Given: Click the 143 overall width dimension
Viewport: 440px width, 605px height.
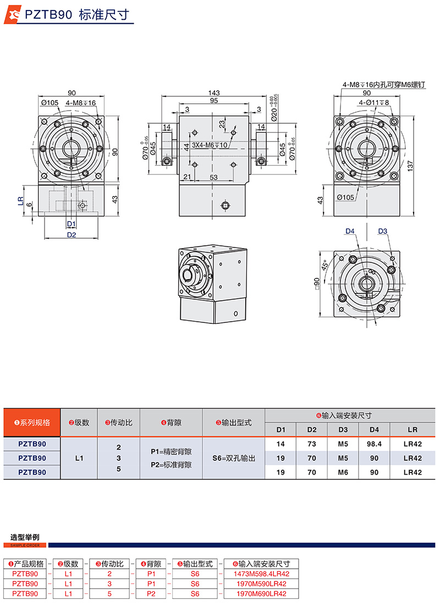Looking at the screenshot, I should pos(214,92).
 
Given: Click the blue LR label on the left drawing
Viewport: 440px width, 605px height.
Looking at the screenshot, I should pos(21,201).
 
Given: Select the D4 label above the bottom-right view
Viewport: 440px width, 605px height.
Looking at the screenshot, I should pos(350,231).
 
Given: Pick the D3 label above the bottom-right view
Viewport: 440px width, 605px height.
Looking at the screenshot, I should pos(383,231).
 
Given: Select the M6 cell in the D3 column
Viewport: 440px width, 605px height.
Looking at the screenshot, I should pos(343,472).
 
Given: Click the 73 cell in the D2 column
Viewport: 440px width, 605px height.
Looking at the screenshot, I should pos(312,443).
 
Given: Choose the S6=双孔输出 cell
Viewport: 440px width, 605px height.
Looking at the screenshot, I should pos(233,458).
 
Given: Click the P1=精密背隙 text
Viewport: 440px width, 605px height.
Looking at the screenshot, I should pos(171,451).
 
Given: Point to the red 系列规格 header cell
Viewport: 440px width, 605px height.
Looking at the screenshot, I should pos(31,422).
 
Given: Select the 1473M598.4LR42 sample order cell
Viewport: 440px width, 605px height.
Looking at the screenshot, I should pos(262,574).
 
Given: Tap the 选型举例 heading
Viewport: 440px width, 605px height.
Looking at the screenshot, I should pos(25,537).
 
